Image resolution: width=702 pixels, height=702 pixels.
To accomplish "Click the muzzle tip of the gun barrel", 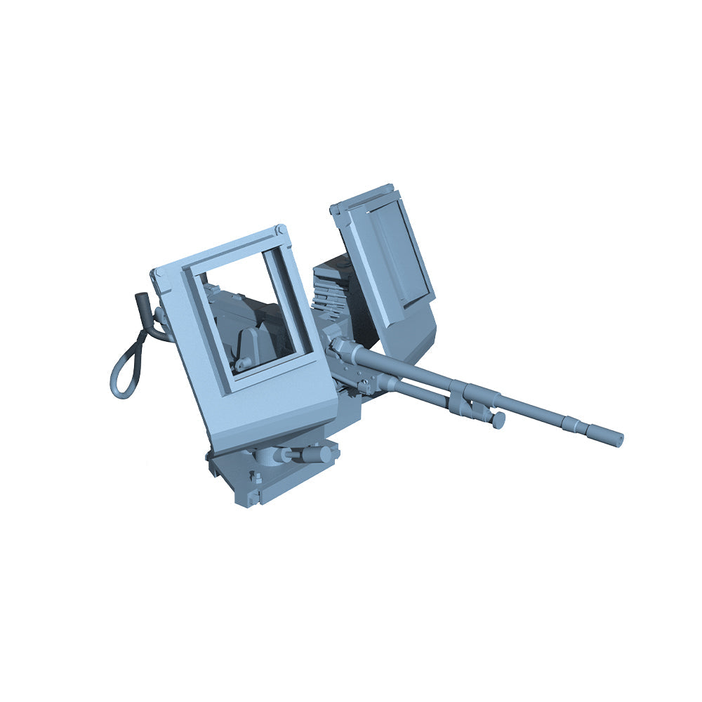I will click(x=618, y=440).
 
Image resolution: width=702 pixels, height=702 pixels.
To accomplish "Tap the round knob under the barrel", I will click(x=498, y=420).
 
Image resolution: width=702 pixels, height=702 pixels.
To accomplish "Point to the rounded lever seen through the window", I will click(x=253, y=344).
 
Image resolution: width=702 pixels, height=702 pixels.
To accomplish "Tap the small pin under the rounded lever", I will click(x=240, y=364).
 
